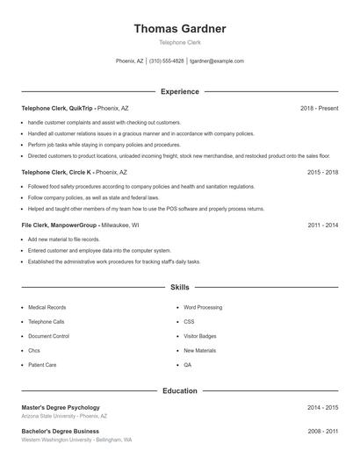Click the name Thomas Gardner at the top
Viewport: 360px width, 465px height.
[x=179, y=29]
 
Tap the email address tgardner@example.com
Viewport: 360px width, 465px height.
[x=216, y=61]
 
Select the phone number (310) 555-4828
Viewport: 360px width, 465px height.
[x=167, y=61]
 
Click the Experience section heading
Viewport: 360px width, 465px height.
[x=180, y=91]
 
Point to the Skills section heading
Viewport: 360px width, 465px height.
[x=180, y=287]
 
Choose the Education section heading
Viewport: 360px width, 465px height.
[x=180, y=390]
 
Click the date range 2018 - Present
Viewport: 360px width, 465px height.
[x=319, y=108]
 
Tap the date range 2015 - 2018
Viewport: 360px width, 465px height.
[x=322, y=173]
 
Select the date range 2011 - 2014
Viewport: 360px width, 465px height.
[x=322, y=225]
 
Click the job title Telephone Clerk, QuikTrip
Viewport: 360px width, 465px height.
[x=56, y=108]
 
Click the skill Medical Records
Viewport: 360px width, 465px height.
[x=47, y=308]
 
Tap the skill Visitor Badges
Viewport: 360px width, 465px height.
[x=199, y=336]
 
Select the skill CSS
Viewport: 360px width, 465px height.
[x=189, y=322]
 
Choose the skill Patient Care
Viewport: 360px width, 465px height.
[x=42, y=364]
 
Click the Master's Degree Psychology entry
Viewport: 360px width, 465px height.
[x=61, y=408]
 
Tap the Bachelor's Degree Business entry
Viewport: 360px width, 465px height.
[x=60, y=432]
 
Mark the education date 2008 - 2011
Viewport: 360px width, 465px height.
[x=322, y=432]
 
